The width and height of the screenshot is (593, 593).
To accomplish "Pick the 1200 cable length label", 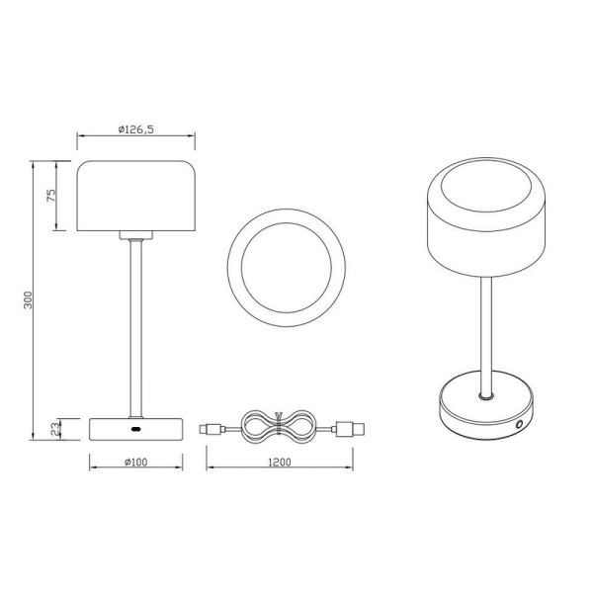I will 280,461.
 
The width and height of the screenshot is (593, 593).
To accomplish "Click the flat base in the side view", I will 109,428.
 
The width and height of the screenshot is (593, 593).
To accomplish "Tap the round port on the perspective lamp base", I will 521,425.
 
